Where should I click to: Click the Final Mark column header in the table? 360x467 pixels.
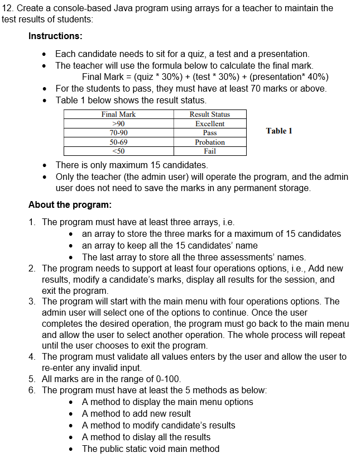tap(118, 115)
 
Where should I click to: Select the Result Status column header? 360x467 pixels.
tap(209, 115)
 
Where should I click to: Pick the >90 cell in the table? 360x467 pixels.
tap(118, 123)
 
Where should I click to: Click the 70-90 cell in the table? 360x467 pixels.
tap(118, 133)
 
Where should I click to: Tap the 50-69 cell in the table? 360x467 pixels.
tap(118, 142)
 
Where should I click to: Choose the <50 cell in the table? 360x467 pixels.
tap(118, 151)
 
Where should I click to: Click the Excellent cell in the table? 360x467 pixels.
tap(209, 123)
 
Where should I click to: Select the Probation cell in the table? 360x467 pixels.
tap(209, 142)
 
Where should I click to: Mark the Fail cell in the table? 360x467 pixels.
tap(209, 151)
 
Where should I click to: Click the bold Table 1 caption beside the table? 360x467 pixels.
tap(279, 131)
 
